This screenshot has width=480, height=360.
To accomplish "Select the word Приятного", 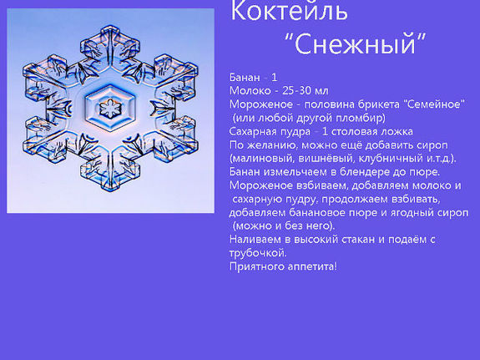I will pos(259,266).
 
